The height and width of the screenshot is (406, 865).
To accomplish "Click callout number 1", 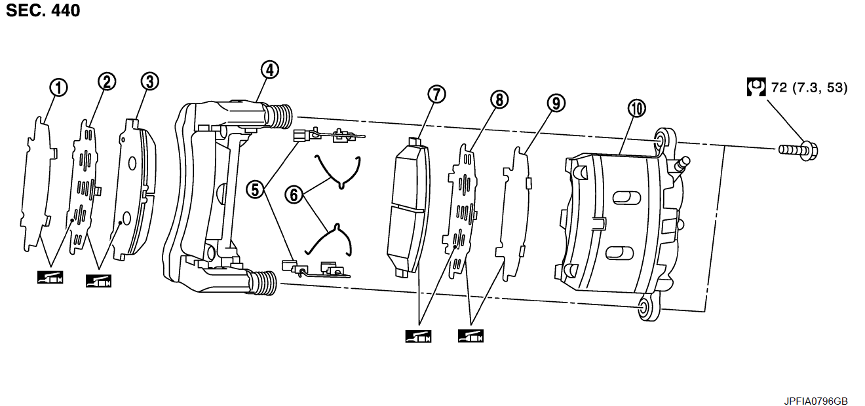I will [x=59, y=87].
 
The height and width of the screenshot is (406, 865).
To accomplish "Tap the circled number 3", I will [x=150, y=81].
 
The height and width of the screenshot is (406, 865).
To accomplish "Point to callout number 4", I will [x=269, y=69].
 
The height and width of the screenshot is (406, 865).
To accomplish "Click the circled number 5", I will [x=256, y=189].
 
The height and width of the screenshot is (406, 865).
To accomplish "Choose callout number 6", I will [x=294, y=194].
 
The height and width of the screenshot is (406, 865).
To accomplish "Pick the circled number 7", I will [x=436, y=94].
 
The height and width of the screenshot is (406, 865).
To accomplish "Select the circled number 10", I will [x=636, y=109].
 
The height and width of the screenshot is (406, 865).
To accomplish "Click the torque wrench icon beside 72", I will [x=757, y=87].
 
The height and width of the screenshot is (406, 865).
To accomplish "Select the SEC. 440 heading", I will [x=43, y=10].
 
